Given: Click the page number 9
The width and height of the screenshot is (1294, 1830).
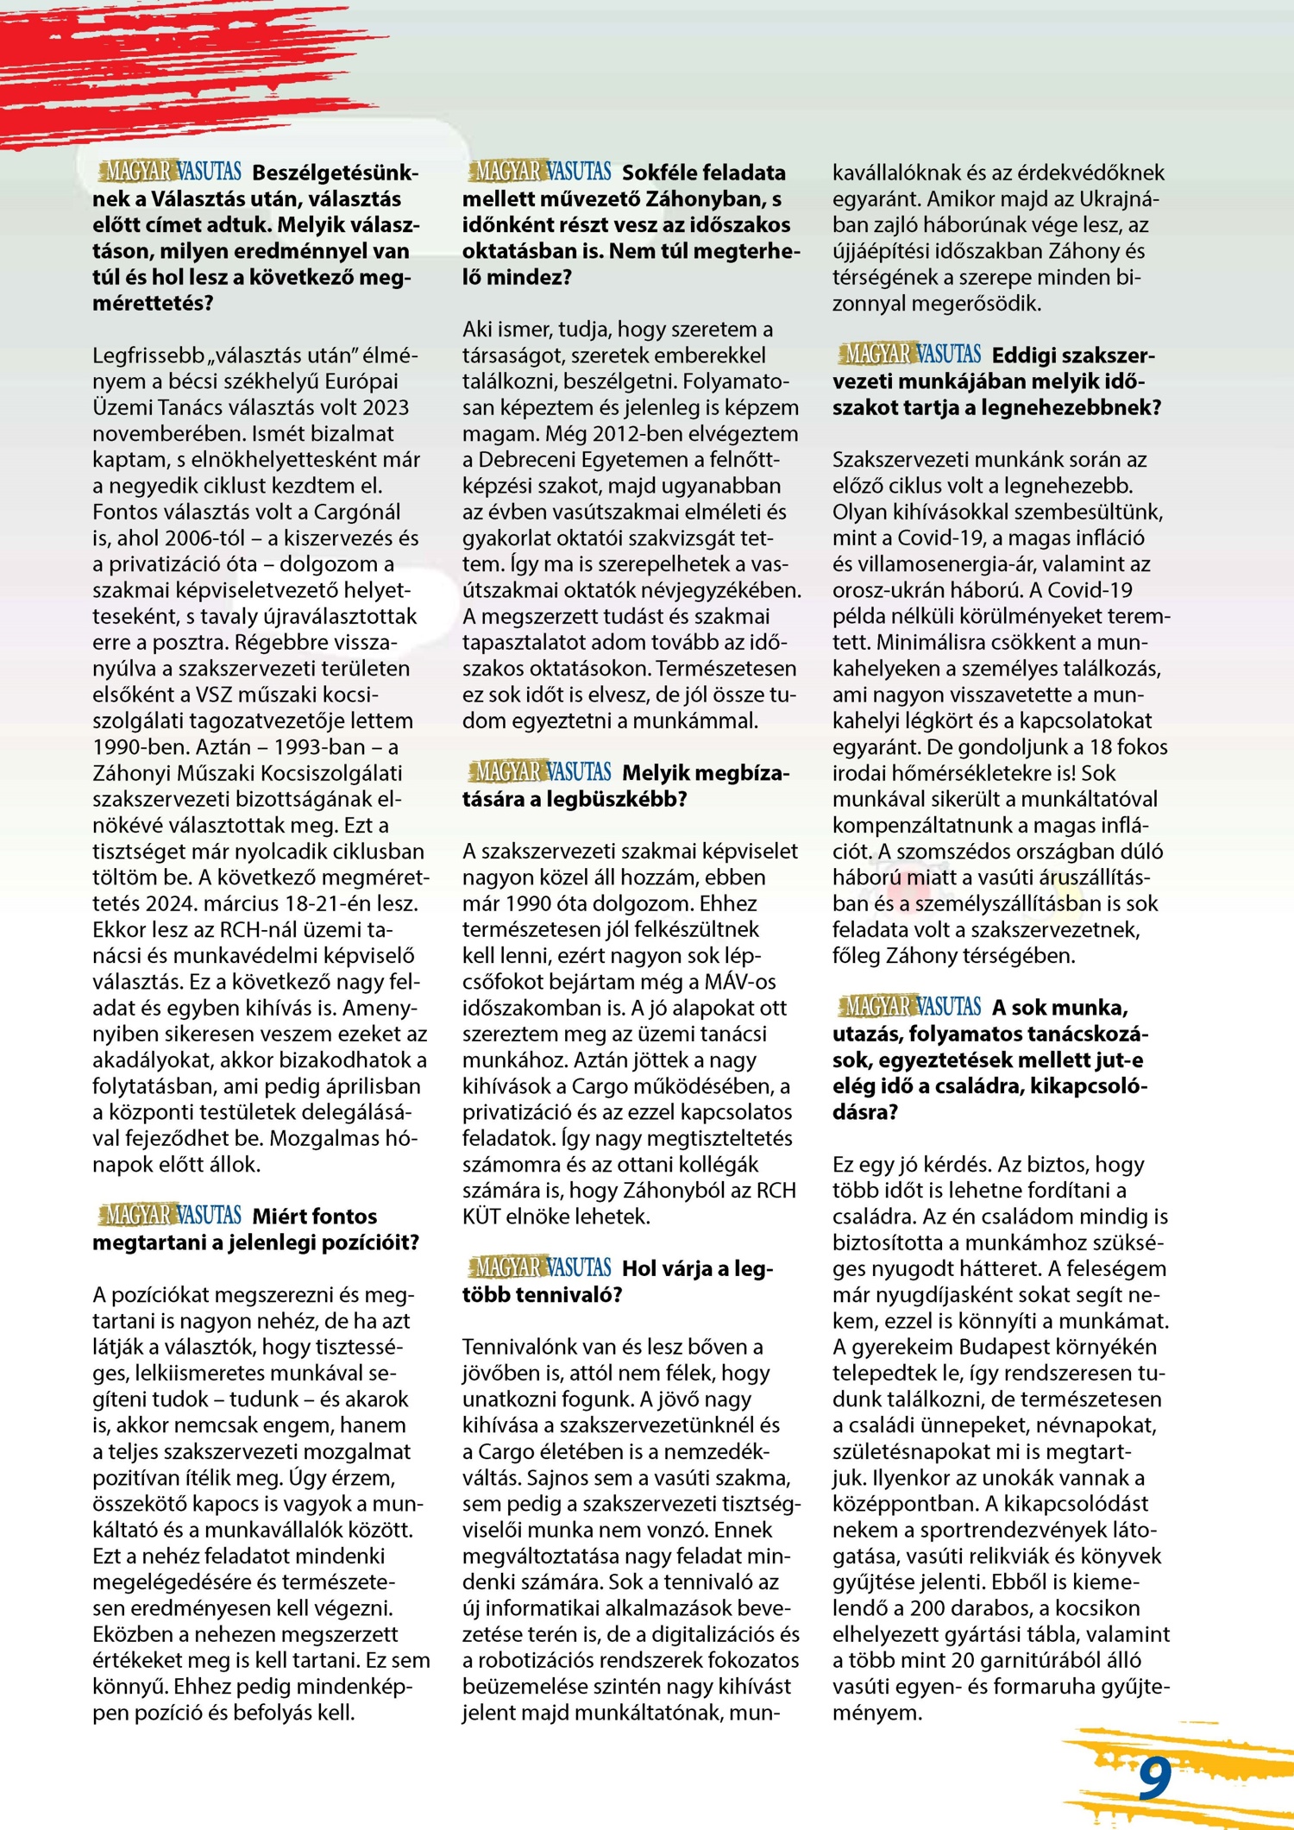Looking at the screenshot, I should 1154,1778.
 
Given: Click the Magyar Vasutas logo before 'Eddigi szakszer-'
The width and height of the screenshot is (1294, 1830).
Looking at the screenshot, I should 909,354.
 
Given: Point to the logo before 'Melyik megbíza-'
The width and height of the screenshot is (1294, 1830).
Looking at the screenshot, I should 539,771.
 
